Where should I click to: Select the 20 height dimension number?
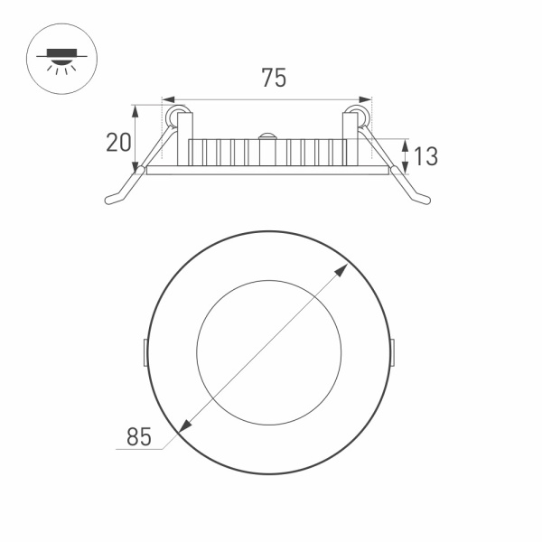[118, 143]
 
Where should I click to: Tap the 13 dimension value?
[425, 156]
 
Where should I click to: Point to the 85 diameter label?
[137, 438]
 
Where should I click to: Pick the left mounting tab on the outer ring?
[146, 352]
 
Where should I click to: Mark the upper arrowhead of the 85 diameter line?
[347, 268]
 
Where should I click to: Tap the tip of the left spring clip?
[110, 200]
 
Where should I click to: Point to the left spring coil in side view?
[178, 116]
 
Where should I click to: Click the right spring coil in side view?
[358, 116]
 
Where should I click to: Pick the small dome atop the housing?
[267, 135]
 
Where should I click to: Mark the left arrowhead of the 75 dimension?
[165, 99]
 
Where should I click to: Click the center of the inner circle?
[267, 352]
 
